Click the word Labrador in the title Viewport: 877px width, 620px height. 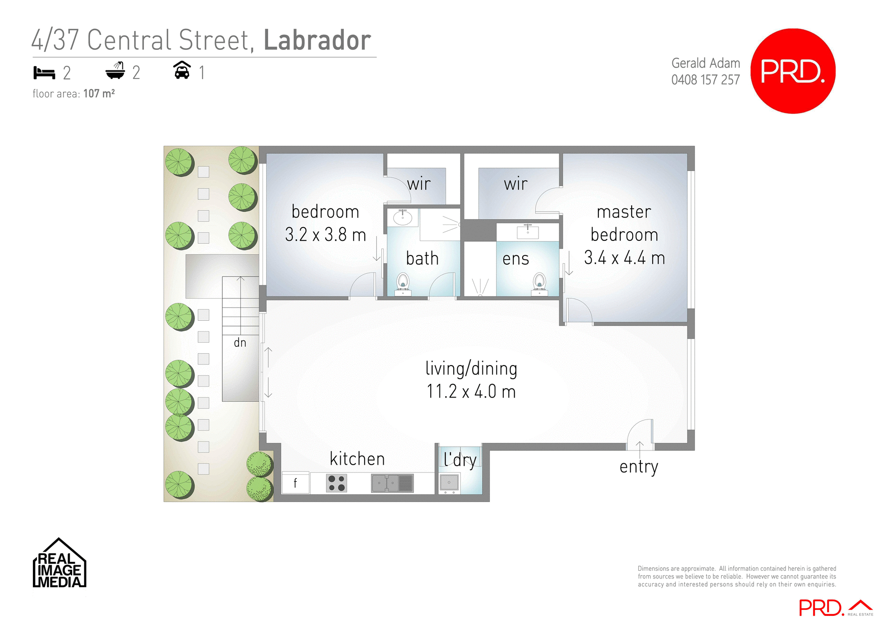point(317,40)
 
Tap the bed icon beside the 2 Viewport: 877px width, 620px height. point(44,73)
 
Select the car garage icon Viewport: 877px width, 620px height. point(182,70)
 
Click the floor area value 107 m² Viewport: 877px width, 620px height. point(99,94)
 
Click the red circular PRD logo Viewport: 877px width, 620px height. point(792,71)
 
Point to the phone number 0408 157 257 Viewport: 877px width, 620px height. point(705,80)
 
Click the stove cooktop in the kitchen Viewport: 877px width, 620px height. point(337,483)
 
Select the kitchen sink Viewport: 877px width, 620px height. point(392,483)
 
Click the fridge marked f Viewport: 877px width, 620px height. point(296,483)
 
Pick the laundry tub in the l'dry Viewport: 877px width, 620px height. point(449,482)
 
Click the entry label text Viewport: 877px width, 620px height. point(639,467)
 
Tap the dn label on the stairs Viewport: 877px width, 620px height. point(240,343)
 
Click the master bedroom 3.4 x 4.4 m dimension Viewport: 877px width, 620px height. point(624,258)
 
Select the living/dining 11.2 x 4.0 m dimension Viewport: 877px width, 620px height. point(471,392)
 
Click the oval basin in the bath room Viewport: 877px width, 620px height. point(402,217)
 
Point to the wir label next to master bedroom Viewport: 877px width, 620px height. point(516,184)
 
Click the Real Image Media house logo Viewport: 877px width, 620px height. point(59,564)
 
